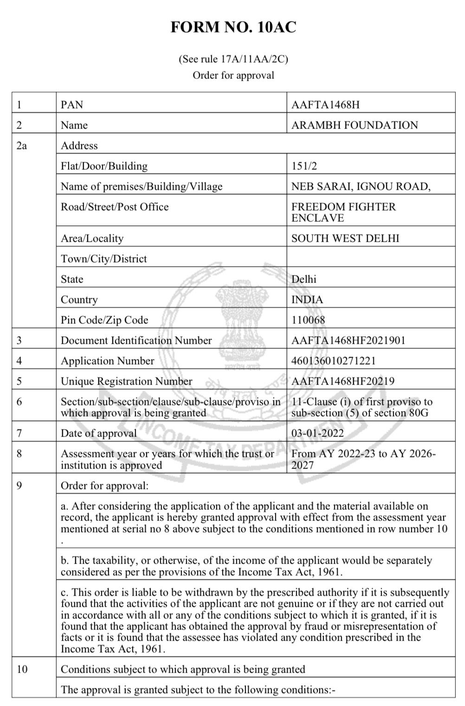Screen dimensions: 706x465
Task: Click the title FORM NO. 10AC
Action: pyautogui.click(x=233, y=27)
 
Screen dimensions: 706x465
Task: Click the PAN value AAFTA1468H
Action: pyautogui.click(x=325, y=105)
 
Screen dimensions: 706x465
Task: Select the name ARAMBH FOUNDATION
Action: pyautogui.click(x=355, y=125)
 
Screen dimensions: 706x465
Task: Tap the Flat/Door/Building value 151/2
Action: pyautogui.click(x=304, y=166)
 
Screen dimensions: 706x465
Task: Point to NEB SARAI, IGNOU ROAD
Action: pyautogui.click(x=361, y=186)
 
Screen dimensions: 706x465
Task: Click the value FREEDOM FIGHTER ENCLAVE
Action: pyautogui.click(x=343, y=212)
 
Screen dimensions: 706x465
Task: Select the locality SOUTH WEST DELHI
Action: pyautogui.click(x=345, y=238)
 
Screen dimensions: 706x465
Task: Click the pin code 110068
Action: pyautogui.click(x=308, y=320)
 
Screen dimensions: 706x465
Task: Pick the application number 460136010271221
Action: pyautogui.click(x=333, y=361)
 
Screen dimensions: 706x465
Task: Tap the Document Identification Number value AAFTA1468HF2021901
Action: pyautogui.click(x=348, y=340)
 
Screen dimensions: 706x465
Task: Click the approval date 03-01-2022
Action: pyautogui.click(x=317, y=433)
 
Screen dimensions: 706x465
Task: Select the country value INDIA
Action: pyautogui.click(x=307, y=300)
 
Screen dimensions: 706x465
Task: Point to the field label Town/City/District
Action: pyautogui.click(x=103, y=259)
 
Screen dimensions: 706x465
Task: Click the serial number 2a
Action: pyautogui.click(x=22, y=146)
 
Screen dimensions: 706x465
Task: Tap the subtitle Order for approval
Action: pyautogui.click(x=233, y=75)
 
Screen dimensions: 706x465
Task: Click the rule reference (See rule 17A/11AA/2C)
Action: pyautogui.click(x=233, y=59)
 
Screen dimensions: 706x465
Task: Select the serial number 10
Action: pyautogui.click(x=22, y=669)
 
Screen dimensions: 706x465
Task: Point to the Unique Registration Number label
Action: pyautogui.click(x=126, y=381)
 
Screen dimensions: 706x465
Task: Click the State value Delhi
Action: pyautogui.click(x=304, y=279)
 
